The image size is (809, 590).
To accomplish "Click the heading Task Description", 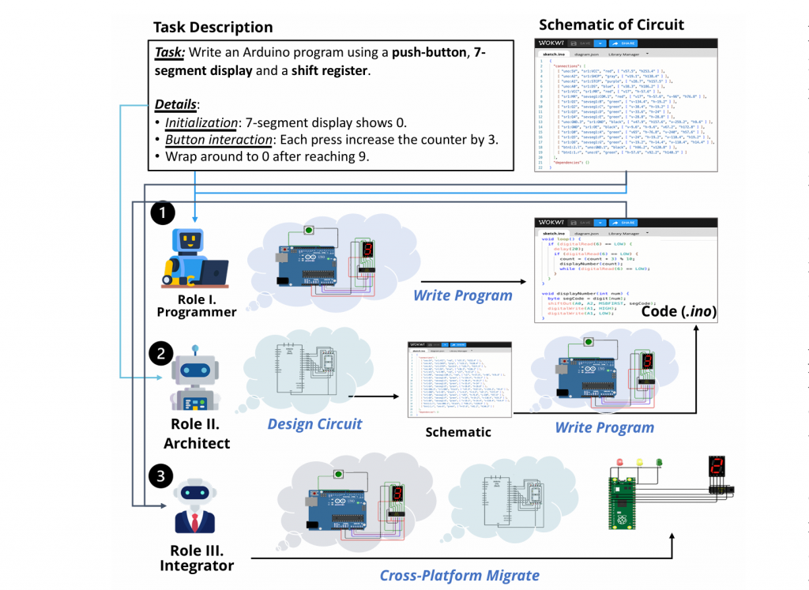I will pyautogui.click(x=213, y=28).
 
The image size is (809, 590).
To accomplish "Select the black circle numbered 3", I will pyautogui.click(x=161, y=475).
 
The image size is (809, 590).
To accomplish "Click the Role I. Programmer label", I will pyautogui.click(x=197, y=305).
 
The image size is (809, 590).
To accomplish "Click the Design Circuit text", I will pyautogui.click(x=314, y=424).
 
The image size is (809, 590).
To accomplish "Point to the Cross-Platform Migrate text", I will pyautogui.click(x=460, y=575).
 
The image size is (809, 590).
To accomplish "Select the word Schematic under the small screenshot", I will pyautogui.click(x=458, y=432).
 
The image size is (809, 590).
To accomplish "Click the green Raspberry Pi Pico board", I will pyautogui.click(x=621, y=502).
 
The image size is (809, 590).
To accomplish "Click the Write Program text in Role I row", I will pyautogui.click(x=463, y=296).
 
